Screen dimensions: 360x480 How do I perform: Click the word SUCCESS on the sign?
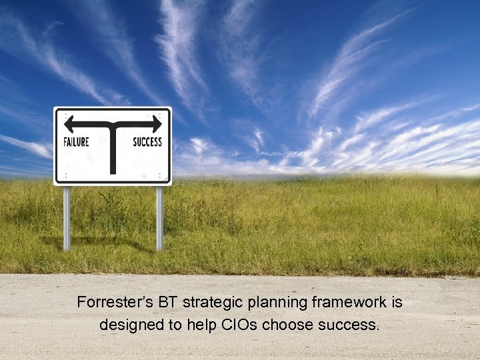pyautogui.click(x=147, y=141)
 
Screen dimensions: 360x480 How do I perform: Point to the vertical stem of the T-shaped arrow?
pyautogui.click(x=113, y=150)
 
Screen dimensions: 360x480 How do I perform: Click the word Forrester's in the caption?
pyautogui.click(x=109, y=303)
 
